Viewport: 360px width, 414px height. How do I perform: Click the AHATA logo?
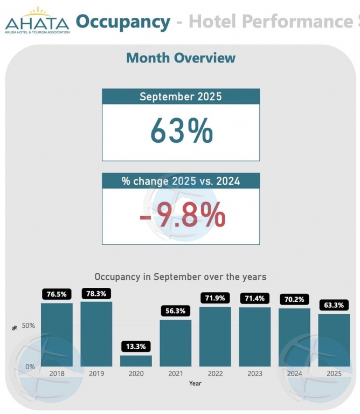37,20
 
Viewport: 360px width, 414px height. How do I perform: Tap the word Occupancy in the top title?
123,22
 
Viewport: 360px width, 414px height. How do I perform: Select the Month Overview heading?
181,58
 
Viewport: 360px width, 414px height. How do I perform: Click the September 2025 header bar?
181,96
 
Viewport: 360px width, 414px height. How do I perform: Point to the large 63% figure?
181,131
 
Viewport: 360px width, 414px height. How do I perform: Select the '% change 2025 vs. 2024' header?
181,181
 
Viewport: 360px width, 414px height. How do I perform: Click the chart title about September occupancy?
181,277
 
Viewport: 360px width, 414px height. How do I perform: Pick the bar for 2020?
136,361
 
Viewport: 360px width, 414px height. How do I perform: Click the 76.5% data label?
57,294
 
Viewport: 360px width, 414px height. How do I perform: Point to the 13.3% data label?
136,346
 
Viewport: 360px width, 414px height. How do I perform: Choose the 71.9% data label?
215,298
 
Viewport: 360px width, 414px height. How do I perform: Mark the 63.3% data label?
334,305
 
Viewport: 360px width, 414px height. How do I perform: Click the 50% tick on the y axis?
29,326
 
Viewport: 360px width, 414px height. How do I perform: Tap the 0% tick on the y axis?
31,367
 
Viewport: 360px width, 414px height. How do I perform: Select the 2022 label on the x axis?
215,374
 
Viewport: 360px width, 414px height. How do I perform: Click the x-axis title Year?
195,383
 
